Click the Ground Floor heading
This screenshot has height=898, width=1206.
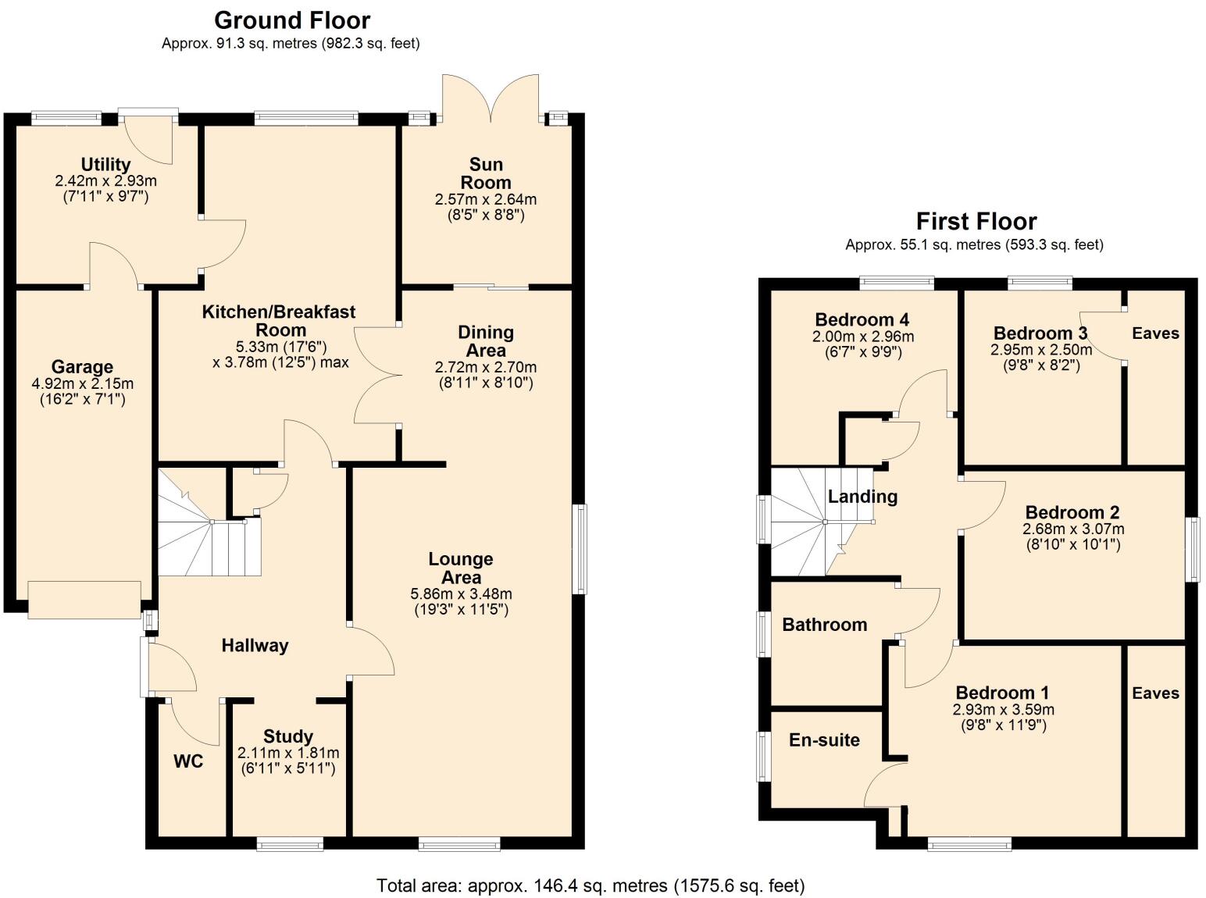(x=292, y=20)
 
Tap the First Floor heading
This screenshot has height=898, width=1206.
(x=976, y=221)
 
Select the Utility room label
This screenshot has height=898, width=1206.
(x=105, y=164)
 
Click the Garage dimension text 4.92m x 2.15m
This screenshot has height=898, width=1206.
(x=82, y=383)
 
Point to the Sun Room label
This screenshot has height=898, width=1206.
(x=485, y=173)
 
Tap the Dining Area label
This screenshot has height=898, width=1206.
(x=485, y=341)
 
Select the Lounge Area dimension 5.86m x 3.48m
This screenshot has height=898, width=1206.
(x=461, y=594)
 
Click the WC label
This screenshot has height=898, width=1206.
(x=188, y=761)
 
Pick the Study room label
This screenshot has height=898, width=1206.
(x=288, y=736)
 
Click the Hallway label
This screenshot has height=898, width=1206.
(x=255, y=645)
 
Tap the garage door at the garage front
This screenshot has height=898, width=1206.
(x=84, y=600)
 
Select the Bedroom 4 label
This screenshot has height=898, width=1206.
(x=862, y=319)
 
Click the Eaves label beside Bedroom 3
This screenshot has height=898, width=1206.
(x=1155, y=333)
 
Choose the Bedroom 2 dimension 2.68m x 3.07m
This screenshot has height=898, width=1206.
(x=1072, y=529)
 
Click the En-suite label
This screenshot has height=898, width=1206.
(x=824, y=739)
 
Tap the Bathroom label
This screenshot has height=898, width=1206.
(x=824, y=624)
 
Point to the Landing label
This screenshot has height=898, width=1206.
(x=862, y=496)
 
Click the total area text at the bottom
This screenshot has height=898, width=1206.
(x=591, y=886)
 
